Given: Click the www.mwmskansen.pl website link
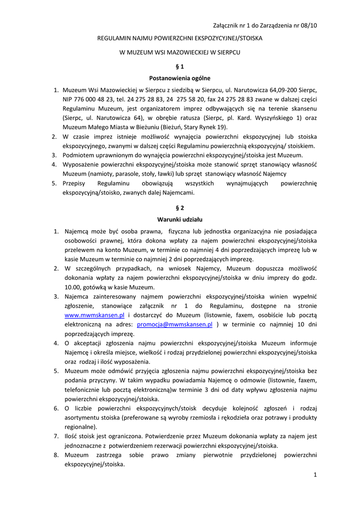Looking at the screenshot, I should pyautogui.click(x=94, y=315).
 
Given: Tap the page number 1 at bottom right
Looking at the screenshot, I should pyautogui.click(x=315, y=475).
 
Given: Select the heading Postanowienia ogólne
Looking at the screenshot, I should pyautogui.click(x=180, y=78).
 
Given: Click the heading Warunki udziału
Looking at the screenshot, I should pyautogui.click(x=180, y=219).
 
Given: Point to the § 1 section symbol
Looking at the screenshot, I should pyautogui.click(x=180, y=66).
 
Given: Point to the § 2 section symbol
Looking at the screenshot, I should pyautogui.click(x=180, y=207).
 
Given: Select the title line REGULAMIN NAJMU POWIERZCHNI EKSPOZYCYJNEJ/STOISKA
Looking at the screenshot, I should pyautogui.click(x=180, y=38).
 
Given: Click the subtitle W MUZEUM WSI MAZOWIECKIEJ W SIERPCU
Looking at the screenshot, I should pyautogui.click(x=180, y=52).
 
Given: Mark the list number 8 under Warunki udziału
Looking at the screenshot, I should pyautogui.click(x=57, y=454).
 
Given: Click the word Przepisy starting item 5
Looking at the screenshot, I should pyautogui.click(x=74, y=183).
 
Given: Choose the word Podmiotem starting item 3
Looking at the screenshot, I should pyautogui.click(x=78, y=155).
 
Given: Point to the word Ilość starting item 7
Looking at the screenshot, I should pyautogui.click(x=72, y=436).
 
